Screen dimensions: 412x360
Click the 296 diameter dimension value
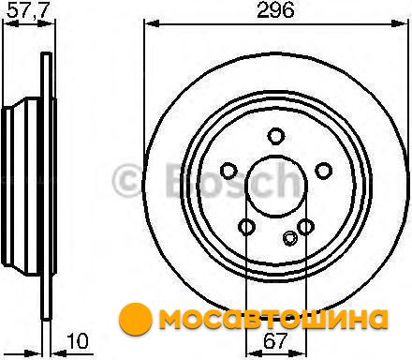275,10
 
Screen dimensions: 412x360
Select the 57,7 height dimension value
28,10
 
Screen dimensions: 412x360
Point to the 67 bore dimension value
274,341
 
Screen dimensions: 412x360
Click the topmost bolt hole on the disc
276,136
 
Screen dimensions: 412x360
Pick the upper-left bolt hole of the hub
228,171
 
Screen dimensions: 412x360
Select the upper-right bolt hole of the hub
323,171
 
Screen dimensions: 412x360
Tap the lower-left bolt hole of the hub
246,227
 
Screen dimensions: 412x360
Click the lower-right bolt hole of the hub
305,227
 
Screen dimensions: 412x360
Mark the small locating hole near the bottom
290,238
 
